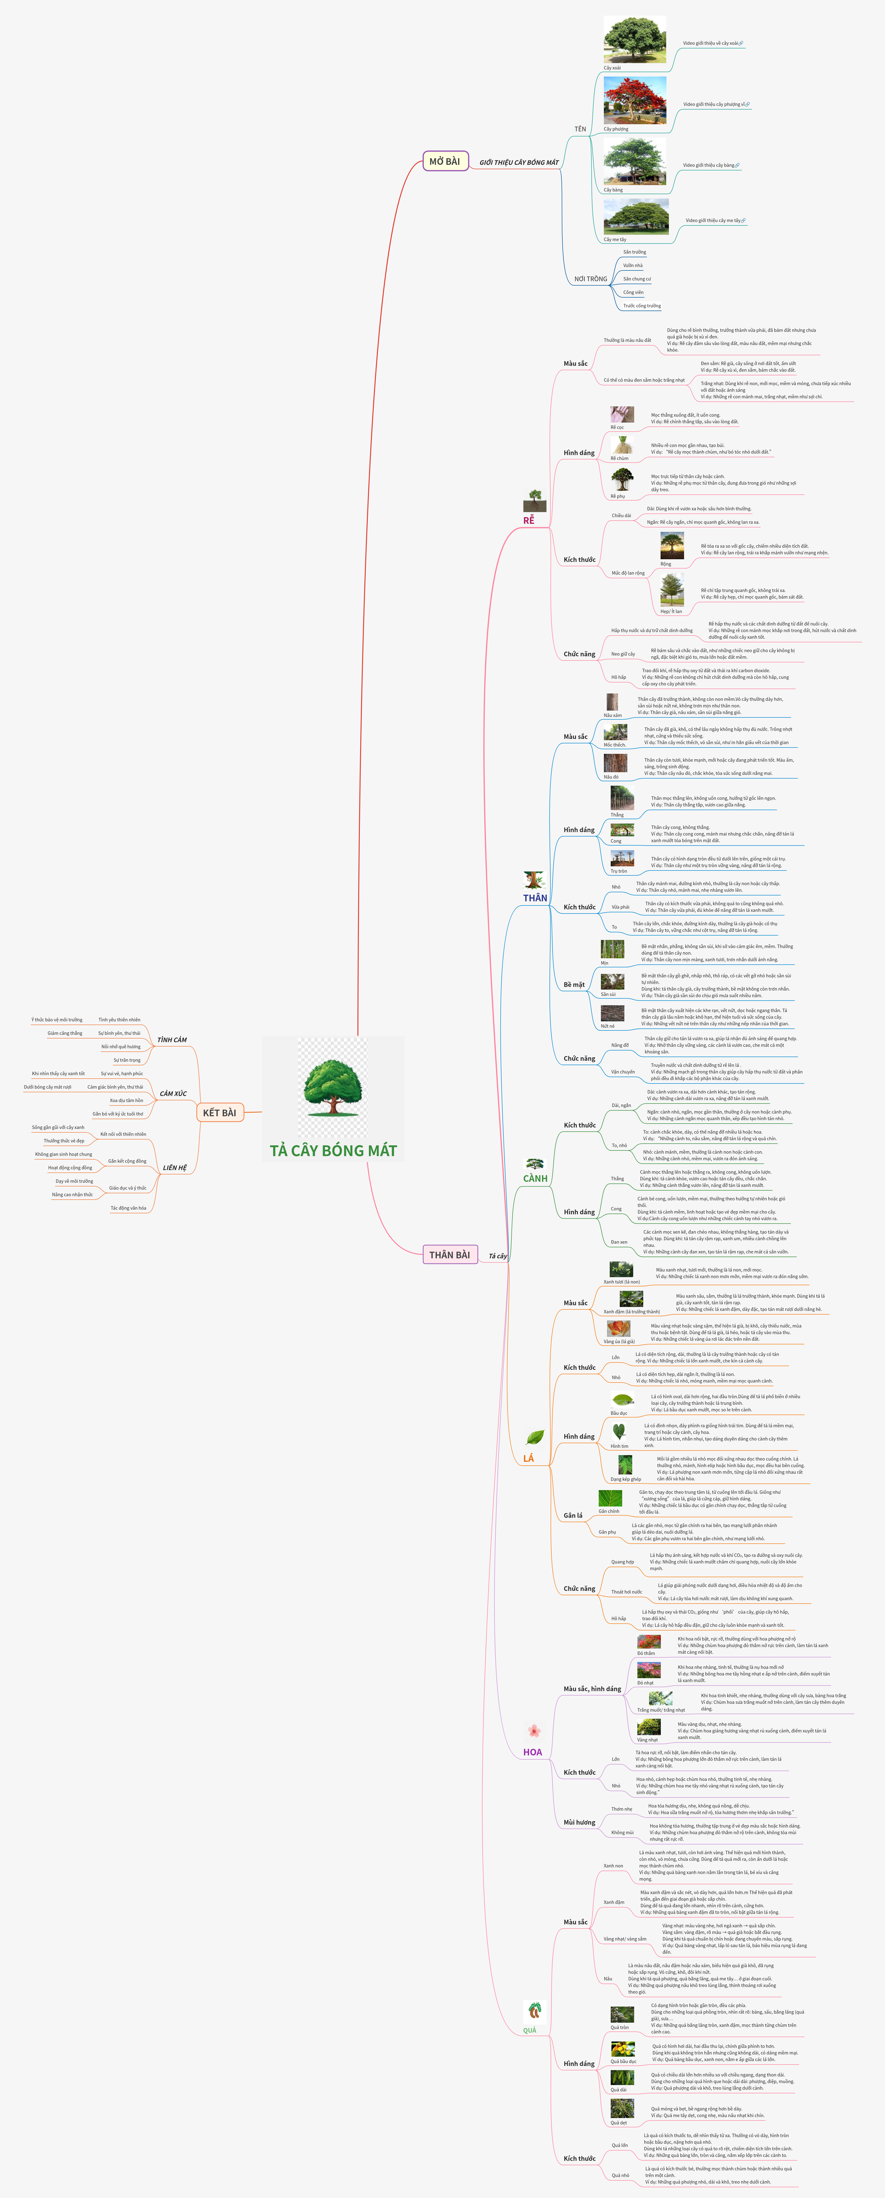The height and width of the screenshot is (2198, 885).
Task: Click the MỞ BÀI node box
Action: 445,161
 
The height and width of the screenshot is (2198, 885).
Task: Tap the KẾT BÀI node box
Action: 219,1113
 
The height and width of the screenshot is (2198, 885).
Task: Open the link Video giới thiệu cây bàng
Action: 708,166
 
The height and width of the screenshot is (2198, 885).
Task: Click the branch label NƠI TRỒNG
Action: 591,279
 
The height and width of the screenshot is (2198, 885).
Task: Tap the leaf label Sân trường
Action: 634,253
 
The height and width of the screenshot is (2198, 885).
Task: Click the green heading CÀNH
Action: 535,1178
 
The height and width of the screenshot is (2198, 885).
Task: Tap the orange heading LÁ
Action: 528,1458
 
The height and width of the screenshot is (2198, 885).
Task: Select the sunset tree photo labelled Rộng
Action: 672,546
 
